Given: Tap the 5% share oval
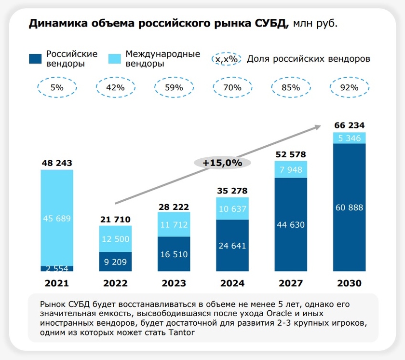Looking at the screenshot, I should click(57, 88).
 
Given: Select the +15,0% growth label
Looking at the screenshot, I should click(222, 163).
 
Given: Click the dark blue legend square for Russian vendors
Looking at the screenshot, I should click(35, 59).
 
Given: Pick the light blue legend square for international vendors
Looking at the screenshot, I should click(115, 59).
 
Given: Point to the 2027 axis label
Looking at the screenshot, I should click(291, 283).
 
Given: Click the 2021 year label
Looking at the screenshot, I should click(57, 283).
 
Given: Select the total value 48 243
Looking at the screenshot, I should click(57, 164).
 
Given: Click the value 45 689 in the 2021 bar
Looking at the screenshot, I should click(57, 219).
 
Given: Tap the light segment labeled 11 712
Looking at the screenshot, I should click(174, 224).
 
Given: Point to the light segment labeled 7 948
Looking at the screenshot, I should click(291, 169).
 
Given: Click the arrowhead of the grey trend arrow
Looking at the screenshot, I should click(318, 126).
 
